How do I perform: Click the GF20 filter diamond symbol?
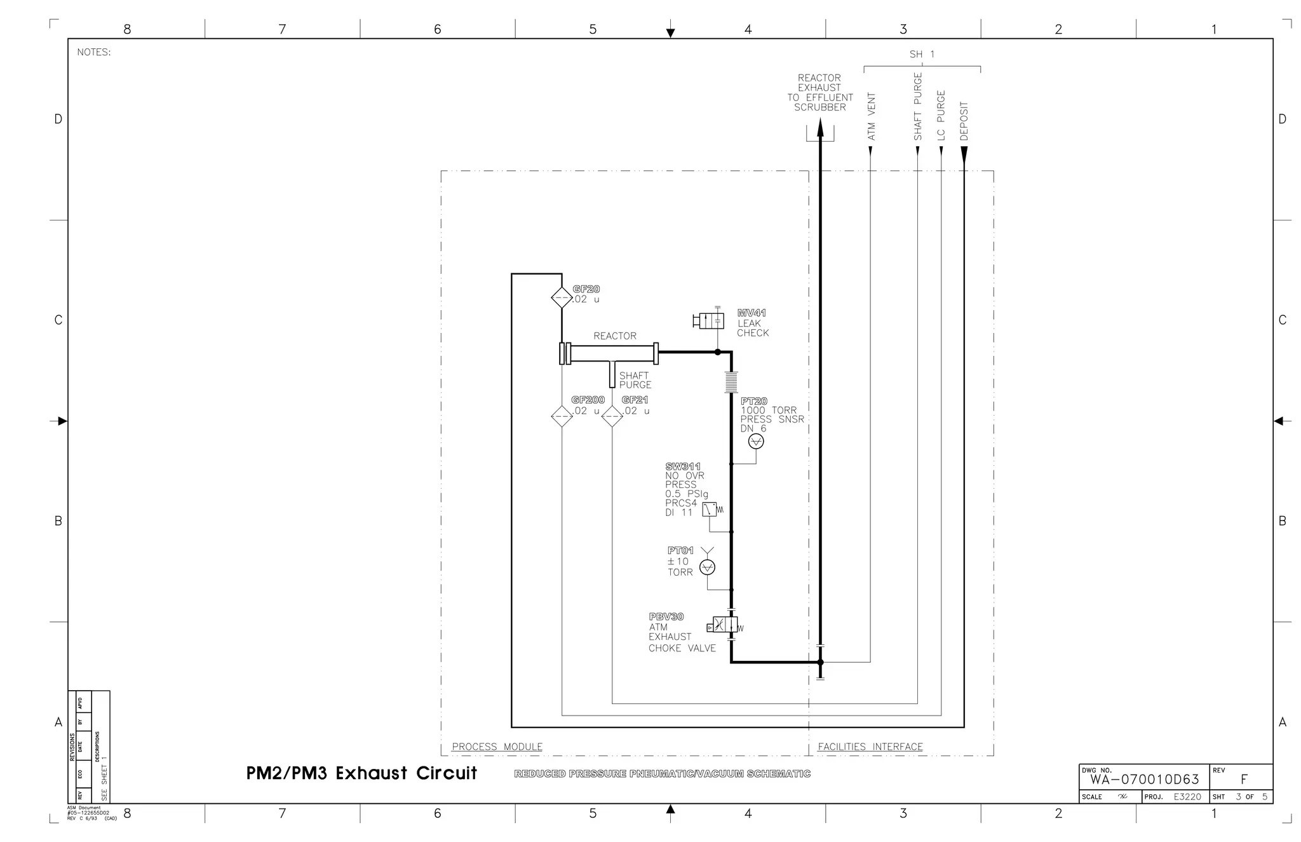(562, 297)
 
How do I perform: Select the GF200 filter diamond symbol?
(562, 416)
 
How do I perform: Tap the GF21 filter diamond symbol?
(612, 416)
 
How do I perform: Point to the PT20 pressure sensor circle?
(756, 441)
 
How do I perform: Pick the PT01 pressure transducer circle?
(707, 567)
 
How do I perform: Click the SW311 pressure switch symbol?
(710, 509)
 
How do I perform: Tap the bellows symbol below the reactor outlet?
(731, 382)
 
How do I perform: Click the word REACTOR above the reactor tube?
(614, 336)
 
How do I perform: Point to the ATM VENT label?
(872, 116)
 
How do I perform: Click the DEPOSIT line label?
(964, 121)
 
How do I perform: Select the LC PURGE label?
(941, 115)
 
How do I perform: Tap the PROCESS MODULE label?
(497, 747)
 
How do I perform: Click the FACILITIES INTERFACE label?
(870, 747)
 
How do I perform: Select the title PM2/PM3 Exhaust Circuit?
(361, 773)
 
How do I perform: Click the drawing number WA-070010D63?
(1145, 780)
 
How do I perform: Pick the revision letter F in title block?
(1244, 780)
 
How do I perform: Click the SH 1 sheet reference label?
(922, 55)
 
